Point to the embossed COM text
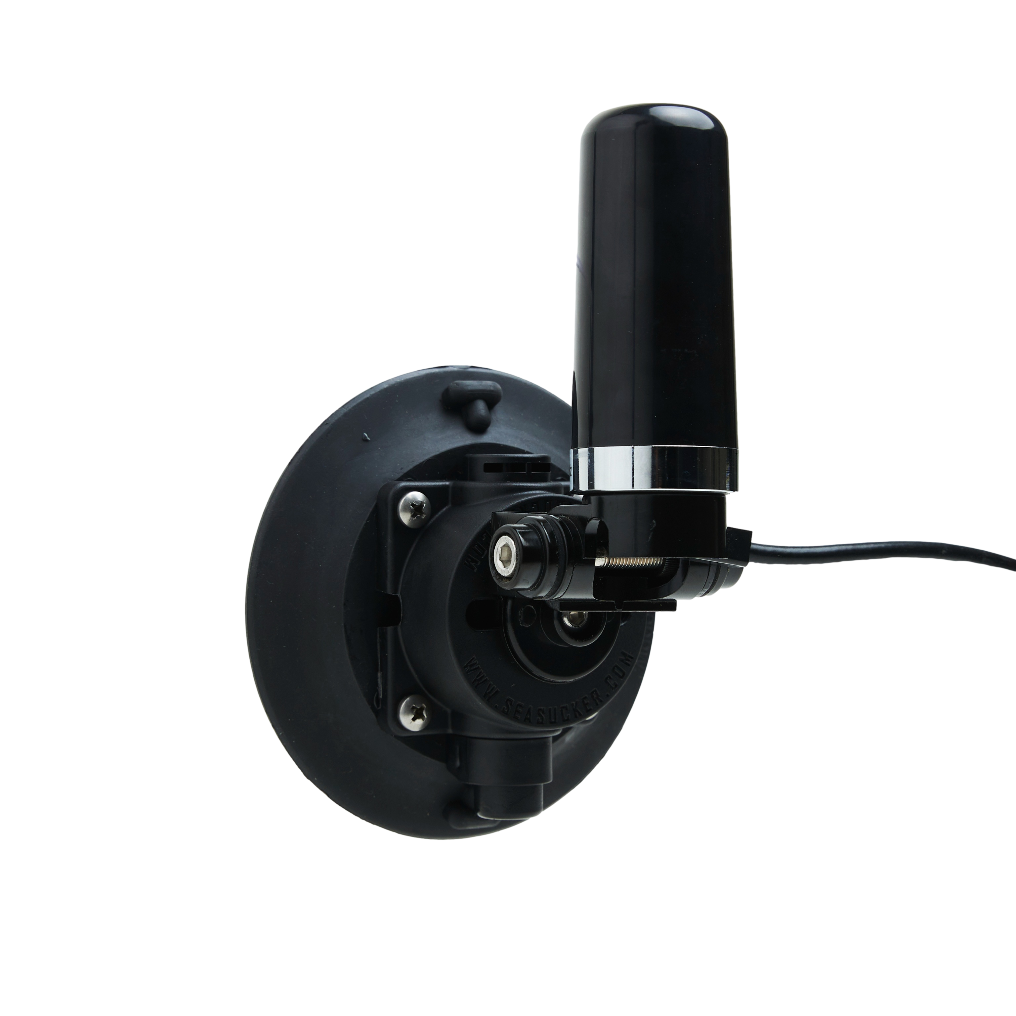[x=613, y=668]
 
